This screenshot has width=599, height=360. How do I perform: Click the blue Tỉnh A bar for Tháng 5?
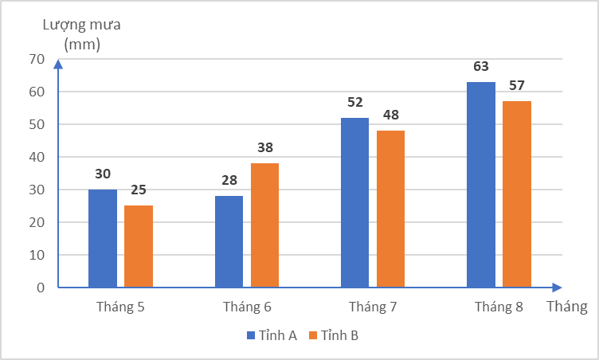coord(103,238)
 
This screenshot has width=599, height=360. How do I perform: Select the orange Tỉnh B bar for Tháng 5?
coord(139,246)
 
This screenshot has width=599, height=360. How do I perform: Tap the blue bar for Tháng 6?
coord(229,241)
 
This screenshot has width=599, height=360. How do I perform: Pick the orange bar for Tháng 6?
coord(264,225)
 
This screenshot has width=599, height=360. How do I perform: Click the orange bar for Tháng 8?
coord(516,194)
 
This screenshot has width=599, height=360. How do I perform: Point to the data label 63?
coord(480,67)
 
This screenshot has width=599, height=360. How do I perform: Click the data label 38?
coord(264,147)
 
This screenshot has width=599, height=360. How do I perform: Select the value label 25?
coord(139,190)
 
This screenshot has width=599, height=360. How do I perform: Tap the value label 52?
coord(354,103)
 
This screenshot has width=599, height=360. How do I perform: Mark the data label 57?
coord(516,86)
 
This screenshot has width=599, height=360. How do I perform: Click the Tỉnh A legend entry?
coord(272,336)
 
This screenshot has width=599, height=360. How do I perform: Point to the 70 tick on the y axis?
coord(37,59)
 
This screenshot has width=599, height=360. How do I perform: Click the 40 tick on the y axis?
coord(37,157)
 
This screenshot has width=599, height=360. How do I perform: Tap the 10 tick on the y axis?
coord(37,255)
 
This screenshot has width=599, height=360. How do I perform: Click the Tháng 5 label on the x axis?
coord(120,307)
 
